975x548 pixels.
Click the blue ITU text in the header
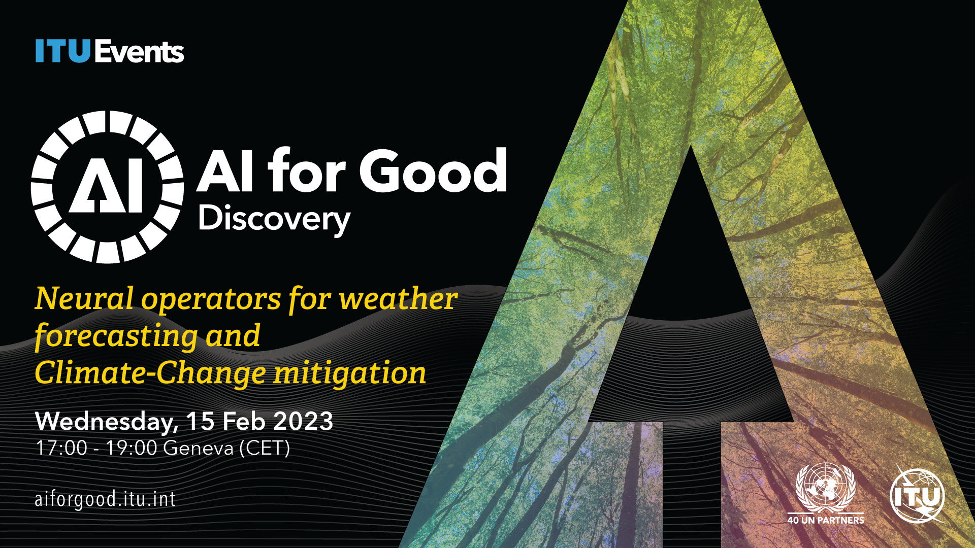tap(63, 51)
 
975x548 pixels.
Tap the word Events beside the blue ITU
tap(139, 52)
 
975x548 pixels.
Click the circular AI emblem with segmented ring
tap(107, 187)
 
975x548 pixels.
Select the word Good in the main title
tap(433, 170)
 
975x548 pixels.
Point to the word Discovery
tap(274, 219)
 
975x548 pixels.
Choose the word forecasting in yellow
tap(116, 336)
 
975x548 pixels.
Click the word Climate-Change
tap(150, 373)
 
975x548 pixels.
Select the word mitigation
tap(350, 373)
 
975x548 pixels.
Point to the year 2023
tap(303, 421)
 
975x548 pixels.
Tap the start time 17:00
tap(61, 448)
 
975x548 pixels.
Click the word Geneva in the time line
tap(199, 448)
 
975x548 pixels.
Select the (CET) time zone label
tap(265, 448)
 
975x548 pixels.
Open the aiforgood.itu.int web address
tap(105, 499)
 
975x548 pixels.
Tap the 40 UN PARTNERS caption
tap(826, 520)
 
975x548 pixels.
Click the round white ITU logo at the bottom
tap(917, 495)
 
